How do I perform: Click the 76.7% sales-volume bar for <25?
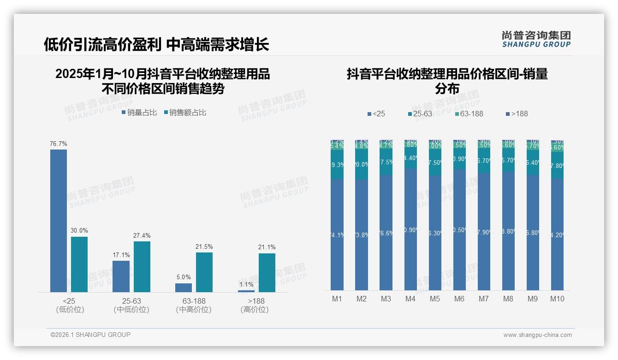point(59,221)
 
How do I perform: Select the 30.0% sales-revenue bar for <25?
point(79,264)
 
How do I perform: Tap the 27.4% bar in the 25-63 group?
point(142,267)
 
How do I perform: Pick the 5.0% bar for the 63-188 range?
point(184,288)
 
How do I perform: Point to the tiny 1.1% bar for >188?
point(246,291)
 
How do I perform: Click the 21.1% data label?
point(267,247)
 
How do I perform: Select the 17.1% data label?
point(121,255)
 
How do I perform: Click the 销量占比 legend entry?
point(139,113)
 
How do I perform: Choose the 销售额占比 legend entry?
point(185,113)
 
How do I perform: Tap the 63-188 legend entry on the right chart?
point(469,114)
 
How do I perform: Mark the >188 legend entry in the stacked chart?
point(517,114)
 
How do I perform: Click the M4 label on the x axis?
point(410,299)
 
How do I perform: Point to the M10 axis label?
point(557,299)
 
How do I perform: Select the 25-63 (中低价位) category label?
point(131,305)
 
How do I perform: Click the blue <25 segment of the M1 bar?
point(337,234)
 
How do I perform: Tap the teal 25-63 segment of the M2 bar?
point(362,164)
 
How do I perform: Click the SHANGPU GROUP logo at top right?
point(536,39)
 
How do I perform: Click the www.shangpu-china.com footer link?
point(537,335)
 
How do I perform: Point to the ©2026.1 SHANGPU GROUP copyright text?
point(90,335)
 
